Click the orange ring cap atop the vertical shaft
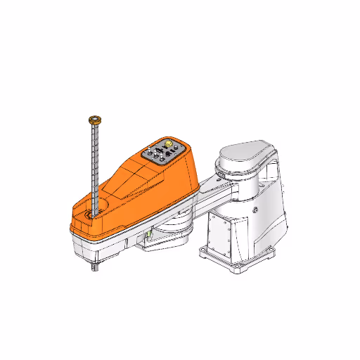pyautogui.click(x=94, y=120)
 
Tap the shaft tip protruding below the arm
pyautogui.click(x=95, y=265)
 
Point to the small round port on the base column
pyautogui.click(x=256, y=209)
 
